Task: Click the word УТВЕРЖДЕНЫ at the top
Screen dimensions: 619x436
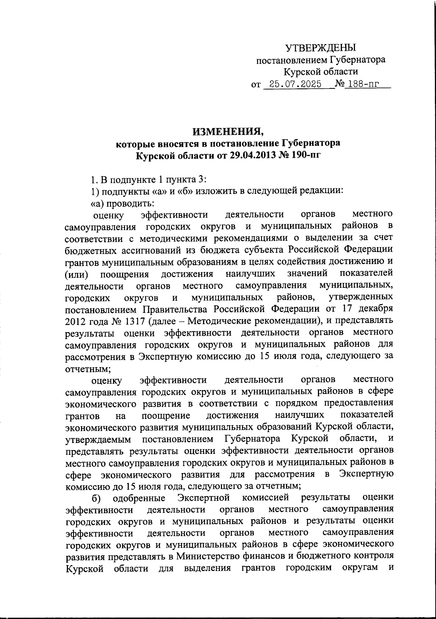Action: tap(320, 48)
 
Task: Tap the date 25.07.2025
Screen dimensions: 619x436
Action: tap(293, 85)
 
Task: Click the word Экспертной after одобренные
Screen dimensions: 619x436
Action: tap(204, 497)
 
